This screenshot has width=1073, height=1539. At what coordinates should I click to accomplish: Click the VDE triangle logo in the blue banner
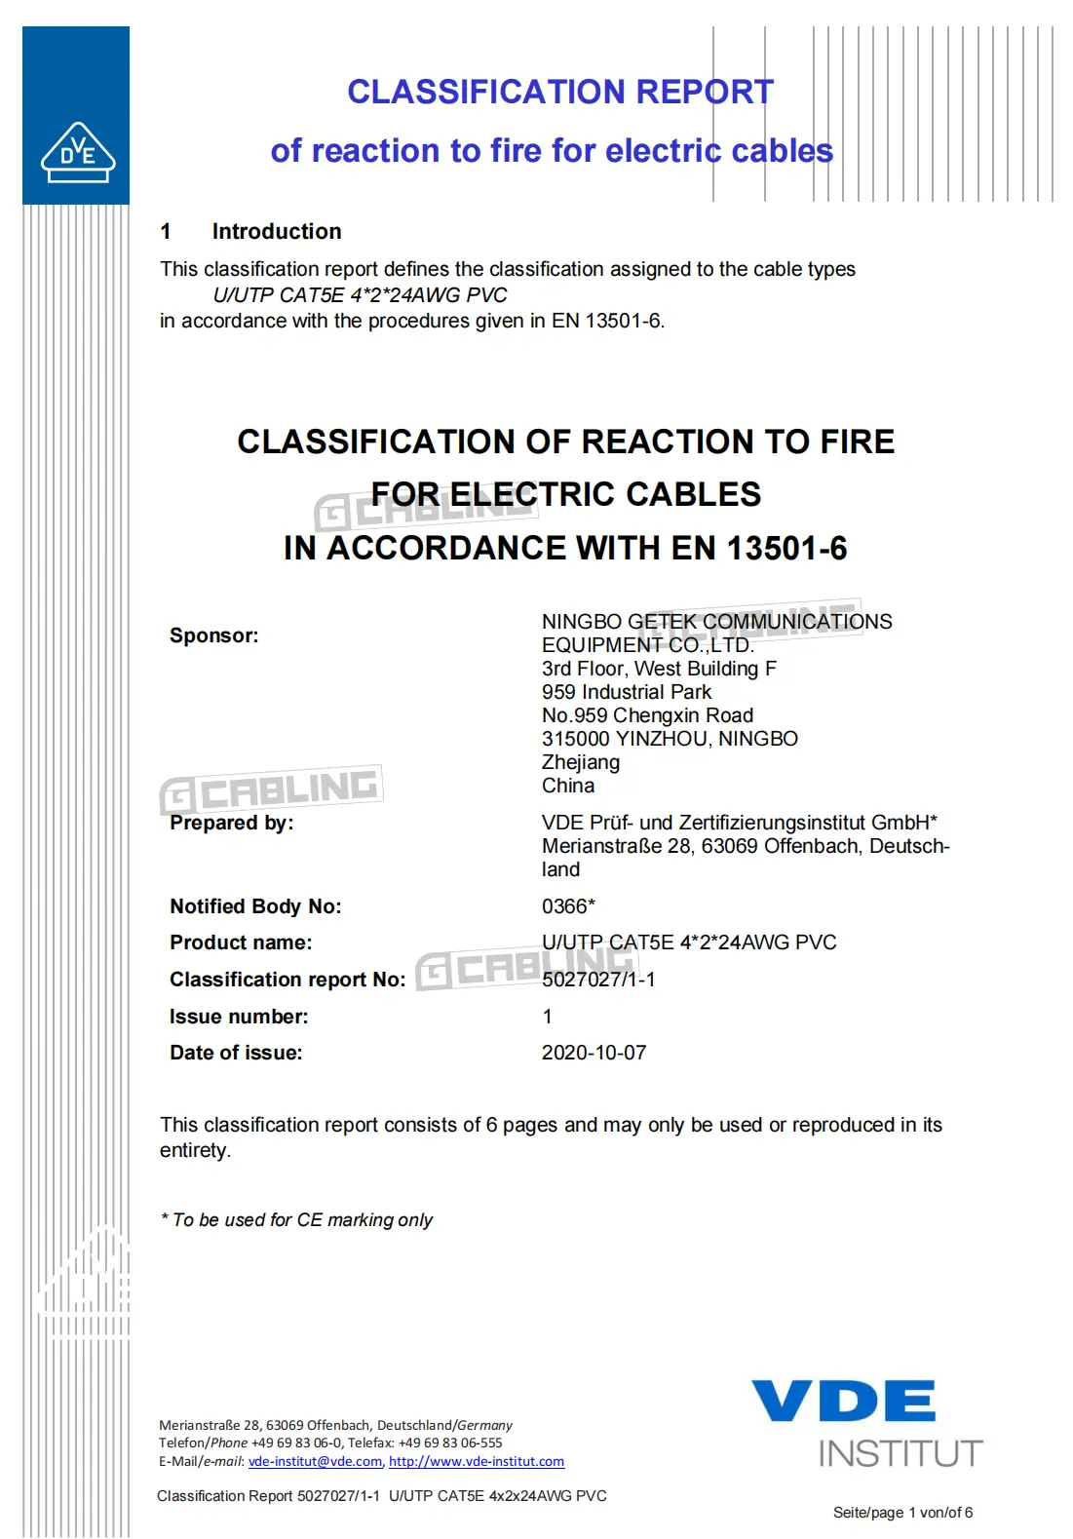(x=78, y=153)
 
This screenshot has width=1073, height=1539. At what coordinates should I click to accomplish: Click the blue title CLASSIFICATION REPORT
(x=560, y=92)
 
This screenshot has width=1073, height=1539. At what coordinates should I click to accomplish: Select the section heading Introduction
(x=277, y=231)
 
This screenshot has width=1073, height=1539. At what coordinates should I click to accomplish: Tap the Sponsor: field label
(x=214, y=635)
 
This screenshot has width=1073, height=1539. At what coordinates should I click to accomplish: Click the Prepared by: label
(x=231, y=823)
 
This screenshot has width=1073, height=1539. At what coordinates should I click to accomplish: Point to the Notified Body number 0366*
(x=568, y=906)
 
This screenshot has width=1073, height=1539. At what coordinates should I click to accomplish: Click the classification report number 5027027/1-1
(x=598, y=980)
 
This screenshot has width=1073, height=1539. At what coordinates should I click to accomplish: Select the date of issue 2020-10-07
(x=594, y=1053)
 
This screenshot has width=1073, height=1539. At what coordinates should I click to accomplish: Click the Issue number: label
(x=239, y=1017)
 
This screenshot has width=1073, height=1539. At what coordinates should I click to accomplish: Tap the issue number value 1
(x=548, y=1017)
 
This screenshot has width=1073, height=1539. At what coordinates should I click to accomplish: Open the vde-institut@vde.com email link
(x=315, y=1461)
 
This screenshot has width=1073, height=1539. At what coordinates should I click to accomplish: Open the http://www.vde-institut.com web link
(x=477, y=1461)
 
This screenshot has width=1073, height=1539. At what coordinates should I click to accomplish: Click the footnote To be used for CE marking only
(x=297, y=1220)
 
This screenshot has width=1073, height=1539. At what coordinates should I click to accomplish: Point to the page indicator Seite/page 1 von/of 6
(x=902, y=1513)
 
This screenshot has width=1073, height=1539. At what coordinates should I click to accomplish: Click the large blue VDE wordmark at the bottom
(x=844, y=1401)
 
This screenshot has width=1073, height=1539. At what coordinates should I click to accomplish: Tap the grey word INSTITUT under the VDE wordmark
(x=901, y=1453)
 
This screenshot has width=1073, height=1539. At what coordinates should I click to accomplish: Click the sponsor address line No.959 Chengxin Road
(x=647, y=715)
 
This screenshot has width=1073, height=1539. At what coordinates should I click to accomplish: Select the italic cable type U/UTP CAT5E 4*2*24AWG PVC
(x=360, y=295)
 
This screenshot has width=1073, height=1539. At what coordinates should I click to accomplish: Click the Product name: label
(x=241, y=943)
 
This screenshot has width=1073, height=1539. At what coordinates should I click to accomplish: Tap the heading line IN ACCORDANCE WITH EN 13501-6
(x=565, y=549)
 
